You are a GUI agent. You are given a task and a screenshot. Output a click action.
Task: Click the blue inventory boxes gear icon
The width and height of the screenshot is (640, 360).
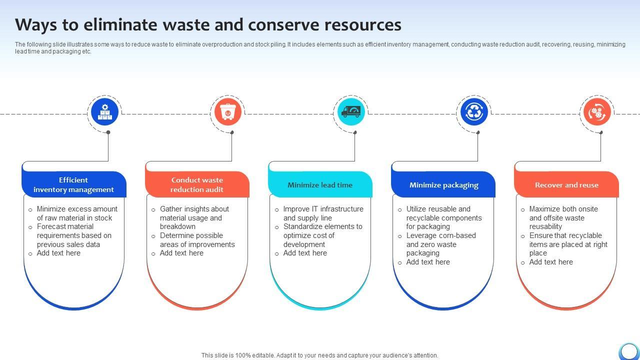pyautogui.click(x=104, y=112)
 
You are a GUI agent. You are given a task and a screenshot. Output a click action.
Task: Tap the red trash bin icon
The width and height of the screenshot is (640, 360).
pyautogui.click(x=228, y=112)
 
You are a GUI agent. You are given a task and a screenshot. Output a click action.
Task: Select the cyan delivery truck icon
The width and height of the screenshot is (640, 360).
pyautogui.click(x=351, y=112)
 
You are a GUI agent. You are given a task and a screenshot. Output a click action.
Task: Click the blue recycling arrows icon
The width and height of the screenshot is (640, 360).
pyautogui.click(x=474, y=112)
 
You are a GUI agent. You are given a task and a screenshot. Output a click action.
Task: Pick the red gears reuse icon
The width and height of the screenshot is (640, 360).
pyautogui.click(x=597, y=112)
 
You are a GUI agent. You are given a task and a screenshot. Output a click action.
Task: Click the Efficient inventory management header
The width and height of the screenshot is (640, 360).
pyautogui.click(x=73, y=184)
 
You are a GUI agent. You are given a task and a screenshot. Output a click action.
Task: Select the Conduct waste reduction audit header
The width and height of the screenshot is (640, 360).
pyautogui.click(x=197, y=184)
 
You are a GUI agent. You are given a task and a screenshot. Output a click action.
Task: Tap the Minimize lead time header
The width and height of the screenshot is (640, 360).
pyautogui.click(x=320, y=185)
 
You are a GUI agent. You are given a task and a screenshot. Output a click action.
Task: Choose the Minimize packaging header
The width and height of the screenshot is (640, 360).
pyautogui.click(x=443, y=185)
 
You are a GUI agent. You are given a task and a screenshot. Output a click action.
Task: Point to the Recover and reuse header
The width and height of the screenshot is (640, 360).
pyautogui.click(x=566, y=185)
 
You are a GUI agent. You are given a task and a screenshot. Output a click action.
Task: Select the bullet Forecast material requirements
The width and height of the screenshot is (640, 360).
pyautogui.click(x=74, y=235)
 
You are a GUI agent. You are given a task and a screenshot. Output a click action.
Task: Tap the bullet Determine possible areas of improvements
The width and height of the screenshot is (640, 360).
pyautogui.click(x=197, y=240)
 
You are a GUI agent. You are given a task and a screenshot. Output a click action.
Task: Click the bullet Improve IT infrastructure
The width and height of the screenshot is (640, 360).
pyautogui.click(x=323, y=213)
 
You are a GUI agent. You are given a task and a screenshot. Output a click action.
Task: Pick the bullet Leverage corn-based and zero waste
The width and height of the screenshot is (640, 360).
pyautogui.click(x=440, y=244)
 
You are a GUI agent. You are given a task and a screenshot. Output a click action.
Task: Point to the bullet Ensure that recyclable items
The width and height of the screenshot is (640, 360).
pyautogui.click(x=568, y=244)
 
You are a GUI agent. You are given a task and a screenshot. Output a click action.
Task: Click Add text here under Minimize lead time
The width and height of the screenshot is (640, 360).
pyautogui.click(x=305, y=253)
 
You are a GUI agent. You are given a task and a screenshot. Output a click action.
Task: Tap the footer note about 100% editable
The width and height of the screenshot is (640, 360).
pyautogui.click(x=320, y=355)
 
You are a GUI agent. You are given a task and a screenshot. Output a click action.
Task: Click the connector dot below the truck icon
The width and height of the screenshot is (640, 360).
pyautogui.click(x=355, y=132)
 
